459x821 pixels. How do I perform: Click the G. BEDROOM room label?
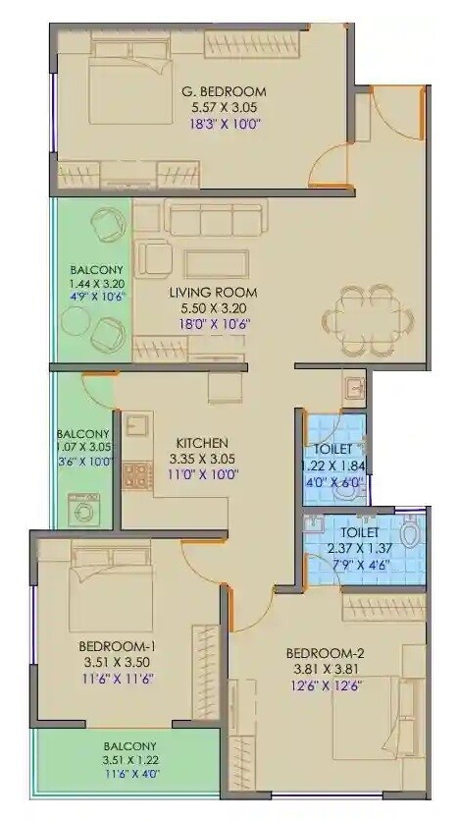pos(224,91)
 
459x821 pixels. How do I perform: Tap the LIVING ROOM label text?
pos(213,292)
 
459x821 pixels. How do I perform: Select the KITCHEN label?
pos(203,442)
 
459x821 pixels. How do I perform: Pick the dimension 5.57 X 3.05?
pos(224,108)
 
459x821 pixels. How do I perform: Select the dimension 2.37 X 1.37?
pos(365,550)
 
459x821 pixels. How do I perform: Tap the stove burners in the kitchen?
pos(135,476)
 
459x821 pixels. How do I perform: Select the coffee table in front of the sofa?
pos(216,261)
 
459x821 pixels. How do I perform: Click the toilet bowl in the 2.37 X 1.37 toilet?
pos(411,536)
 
